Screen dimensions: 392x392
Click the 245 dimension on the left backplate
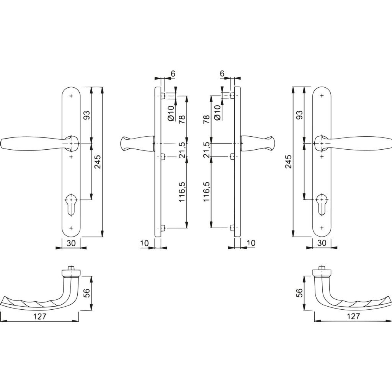click(98, 162)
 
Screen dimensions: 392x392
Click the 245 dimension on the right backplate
click(289, 162)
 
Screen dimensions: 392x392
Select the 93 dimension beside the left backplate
click(87, 115)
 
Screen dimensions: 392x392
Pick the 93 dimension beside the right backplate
click(300, 115)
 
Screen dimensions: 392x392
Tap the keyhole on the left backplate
click(71, 204)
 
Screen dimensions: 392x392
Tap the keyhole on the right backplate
click(322, 204)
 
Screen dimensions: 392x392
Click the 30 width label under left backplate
click(71, 243)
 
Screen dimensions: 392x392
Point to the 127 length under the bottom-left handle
click(40, 316)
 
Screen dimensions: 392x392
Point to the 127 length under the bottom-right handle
click(353, 316)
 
